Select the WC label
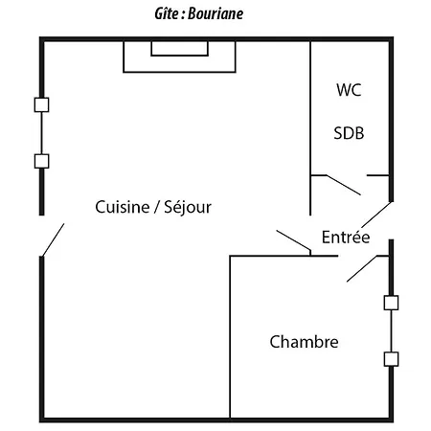[x=350, y=91]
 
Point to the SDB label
[x=349, y=133]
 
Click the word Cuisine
[x=126, y=207]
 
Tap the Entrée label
[x=346, y=238]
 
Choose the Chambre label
[x=304, y=342]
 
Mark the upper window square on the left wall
[x=41, y=104]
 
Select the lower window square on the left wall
[x=41, y=161]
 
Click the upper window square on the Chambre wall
[x=390, y=303]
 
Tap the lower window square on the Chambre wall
[x=390, y=359]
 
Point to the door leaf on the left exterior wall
[x=52, y=239]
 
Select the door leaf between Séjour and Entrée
[x=293, y=243]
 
